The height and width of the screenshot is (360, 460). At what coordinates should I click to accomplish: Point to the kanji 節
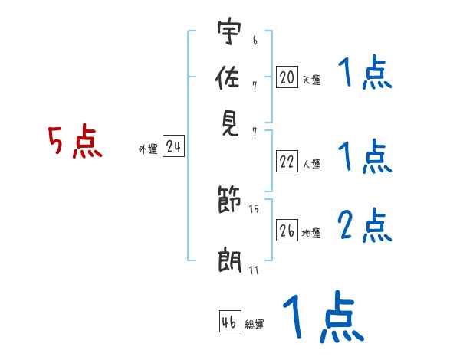tap(228, 201)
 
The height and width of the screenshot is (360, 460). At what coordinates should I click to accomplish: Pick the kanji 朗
tap(228, 260)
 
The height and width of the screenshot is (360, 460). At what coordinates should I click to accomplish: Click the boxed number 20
tap(287, 77)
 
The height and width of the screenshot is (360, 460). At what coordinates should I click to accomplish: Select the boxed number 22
tap(287, 162)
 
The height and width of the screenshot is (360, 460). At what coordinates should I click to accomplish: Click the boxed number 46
tap(230, 322)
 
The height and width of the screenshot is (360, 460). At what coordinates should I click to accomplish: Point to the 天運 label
tap(311, 80)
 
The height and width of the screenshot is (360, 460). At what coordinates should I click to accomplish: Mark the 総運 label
tap(255, 325)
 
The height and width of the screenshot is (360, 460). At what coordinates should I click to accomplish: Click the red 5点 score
tap(74, 142)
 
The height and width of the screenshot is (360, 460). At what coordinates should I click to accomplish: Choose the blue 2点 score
tap(365, 225)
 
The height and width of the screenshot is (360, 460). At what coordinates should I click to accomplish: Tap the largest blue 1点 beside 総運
tap(322, 316)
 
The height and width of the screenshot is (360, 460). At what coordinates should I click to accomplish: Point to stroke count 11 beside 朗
tap(253, 269)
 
